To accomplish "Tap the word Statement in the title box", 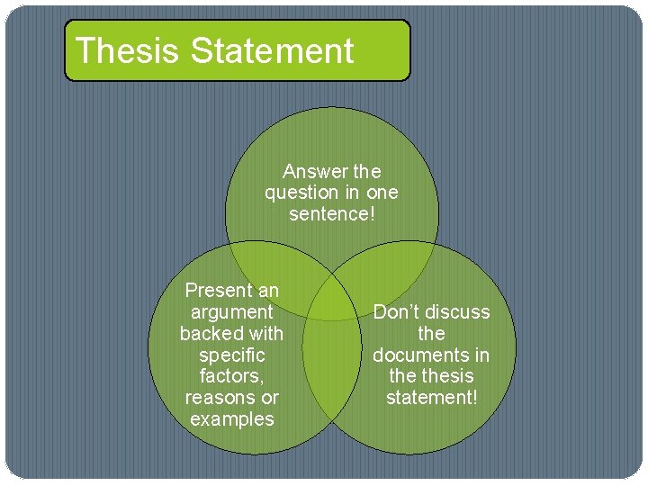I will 272,50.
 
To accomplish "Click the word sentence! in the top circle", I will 331,214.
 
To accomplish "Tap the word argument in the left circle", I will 231,312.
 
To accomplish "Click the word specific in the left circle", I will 231,355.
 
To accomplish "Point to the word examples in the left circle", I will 231,419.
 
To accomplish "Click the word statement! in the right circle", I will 431,398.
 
